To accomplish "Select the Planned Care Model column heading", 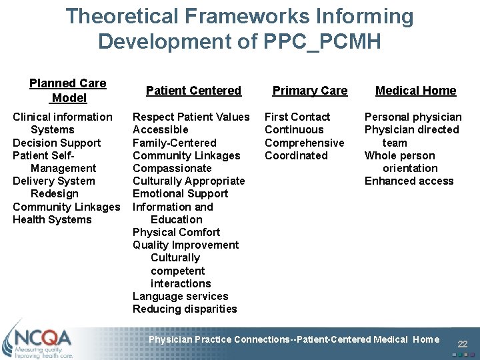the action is [x=68, y=91].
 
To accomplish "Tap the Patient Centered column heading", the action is [x=193, y=91].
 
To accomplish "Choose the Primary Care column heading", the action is [x=310, y=91].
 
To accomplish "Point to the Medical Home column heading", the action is [x=415, y=91].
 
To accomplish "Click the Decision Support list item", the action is [x=57, y=143].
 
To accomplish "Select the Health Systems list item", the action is [x=52, y=219].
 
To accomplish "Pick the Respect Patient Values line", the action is [x=191, y=117].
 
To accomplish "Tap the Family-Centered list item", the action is [x=174, y=143].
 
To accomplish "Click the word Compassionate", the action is [x=172, y=168].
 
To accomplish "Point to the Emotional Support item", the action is [x=180, y=194].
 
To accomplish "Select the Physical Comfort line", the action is [x=176, y=232].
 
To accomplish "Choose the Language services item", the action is [x=180, y=296].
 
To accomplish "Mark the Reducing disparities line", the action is [x=185, y=309].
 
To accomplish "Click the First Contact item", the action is [x=297, y=117].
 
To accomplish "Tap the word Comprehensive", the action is [x=305, y=143].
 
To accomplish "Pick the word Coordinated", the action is [x=296, y=155].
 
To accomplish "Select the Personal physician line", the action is [x=413, y=117].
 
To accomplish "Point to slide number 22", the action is [x=463, y=344].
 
